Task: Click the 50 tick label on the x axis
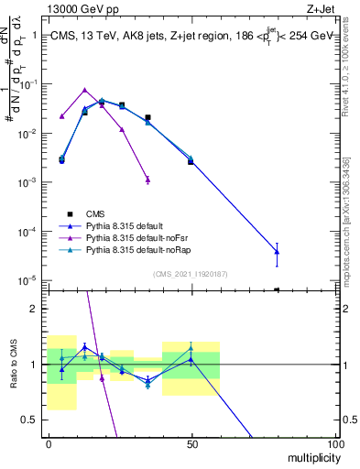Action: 192,443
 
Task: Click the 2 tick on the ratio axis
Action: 35,309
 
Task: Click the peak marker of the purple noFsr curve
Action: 84,90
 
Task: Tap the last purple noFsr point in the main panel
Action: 147,180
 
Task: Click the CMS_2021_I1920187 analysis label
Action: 191,273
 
